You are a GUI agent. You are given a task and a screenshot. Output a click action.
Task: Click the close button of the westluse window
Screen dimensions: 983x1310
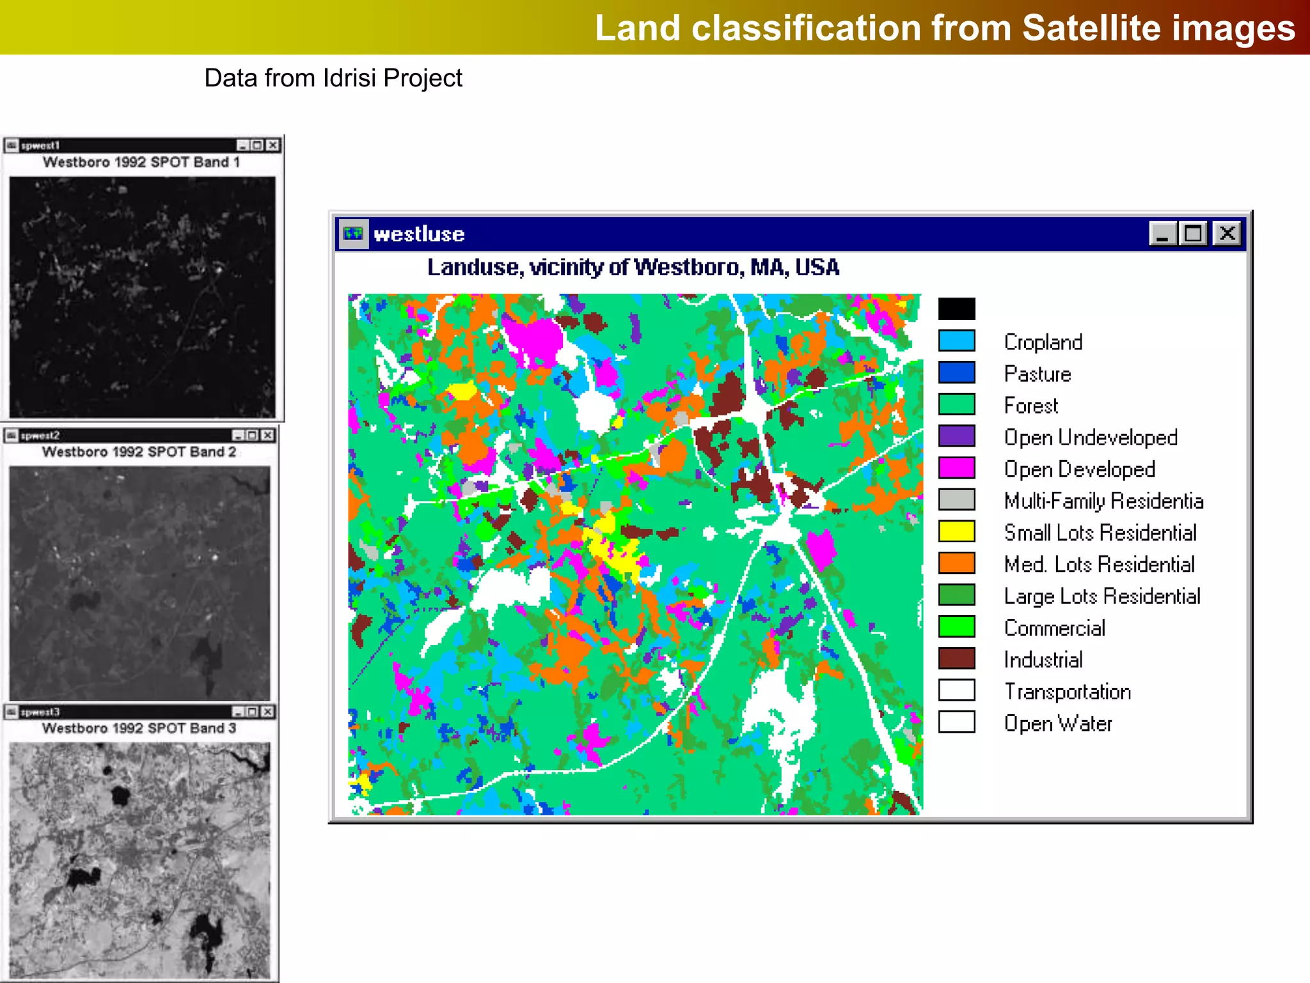(x=1227, y=234)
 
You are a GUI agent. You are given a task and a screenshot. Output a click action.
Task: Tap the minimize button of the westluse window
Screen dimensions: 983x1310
(x=1163, y=234)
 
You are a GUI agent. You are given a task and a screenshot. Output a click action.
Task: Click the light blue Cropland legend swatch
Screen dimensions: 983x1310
(x=956, y=341)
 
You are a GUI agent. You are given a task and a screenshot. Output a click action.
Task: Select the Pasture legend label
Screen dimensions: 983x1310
(x=1037, y=374)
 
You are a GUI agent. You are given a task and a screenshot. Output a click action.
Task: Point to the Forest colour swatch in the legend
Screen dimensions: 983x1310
(x=956, y=404)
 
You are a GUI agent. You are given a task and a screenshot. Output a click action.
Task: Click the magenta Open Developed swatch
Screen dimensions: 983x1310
(x=956, y=468)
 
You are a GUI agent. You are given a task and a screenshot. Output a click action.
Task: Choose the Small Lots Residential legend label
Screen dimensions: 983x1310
(x=1100, y=532)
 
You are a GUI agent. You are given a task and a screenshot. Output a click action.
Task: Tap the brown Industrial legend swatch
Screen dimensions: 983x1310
(x=956, y=659)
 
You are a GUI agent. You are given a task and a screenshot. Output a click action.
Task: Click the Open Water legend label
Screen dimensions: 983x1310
(x=1057, y=723)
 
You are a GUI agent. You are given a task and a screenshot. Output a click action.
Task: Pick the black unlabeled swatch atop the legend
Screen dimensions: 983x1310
(x=956, y=309)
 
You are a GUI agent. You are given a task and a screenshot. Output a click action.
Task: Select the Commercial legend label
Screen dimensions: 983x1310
(x=1054, y=628)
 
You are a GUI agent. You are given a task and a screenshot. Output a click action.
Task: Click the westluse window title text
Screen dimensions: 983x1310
(x=419, y=234)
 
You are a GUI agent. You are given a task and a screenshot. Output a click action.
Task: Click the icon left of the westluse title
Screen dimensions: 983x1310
(x=353, y=234)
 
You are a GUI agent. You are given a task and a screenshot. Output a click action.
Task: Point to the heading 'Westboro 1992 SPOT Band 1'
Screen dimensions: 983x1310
(x=141, y=163)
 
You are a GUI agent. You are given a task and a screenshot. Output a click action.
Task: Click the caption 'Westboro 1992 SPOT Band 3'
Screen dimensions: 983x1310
(x=139, y=728)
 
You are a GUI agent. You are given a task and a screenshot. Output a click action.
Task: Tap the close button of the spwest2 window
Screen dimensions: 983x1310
(x=268, y=436)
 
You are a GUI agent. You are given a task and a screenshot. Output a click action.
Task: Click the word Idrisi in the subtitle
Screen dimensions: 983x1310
(x=351, y=78)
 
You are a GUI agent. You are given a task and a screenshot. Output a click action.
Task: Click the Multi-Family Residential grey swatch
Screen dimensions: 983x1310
(x=956, y=500)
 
